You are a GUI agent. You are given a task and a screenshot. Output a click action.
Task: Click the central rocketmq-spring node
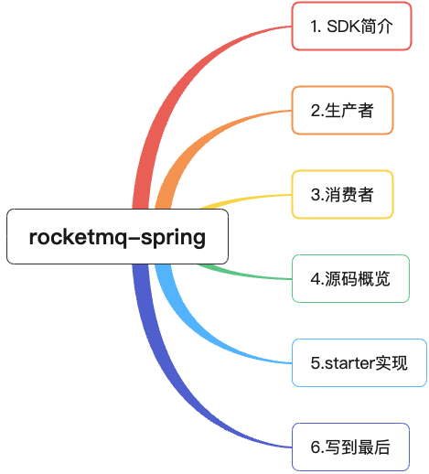point(117,237)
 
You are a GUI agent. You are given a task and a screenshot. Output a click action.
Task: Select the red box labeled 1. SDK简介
point(351,27)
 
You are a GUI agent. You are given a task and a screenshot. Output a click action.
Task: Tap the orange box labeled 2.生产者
point(342,111)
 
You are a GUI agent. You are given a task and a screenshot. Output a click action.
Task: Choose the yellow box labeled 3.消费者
point(342,194)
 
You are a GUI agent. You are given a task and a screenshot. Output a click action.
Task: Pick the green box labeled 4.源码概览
point(350,278)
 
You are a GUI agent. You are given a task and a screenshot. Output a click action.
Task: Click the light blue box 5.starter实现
point(359,362)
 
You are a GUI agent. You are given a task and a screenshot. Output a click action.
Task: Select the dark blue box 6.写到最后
point(350,447)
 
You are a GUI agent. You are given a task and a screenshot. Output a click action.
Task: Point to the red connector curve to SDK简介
point(174,92)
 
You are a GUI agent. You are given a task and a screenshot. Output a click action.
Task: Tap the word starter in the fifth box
point(348,363)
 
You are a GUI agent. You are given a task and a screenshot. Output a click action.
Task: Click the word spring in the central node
point(173,238)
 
